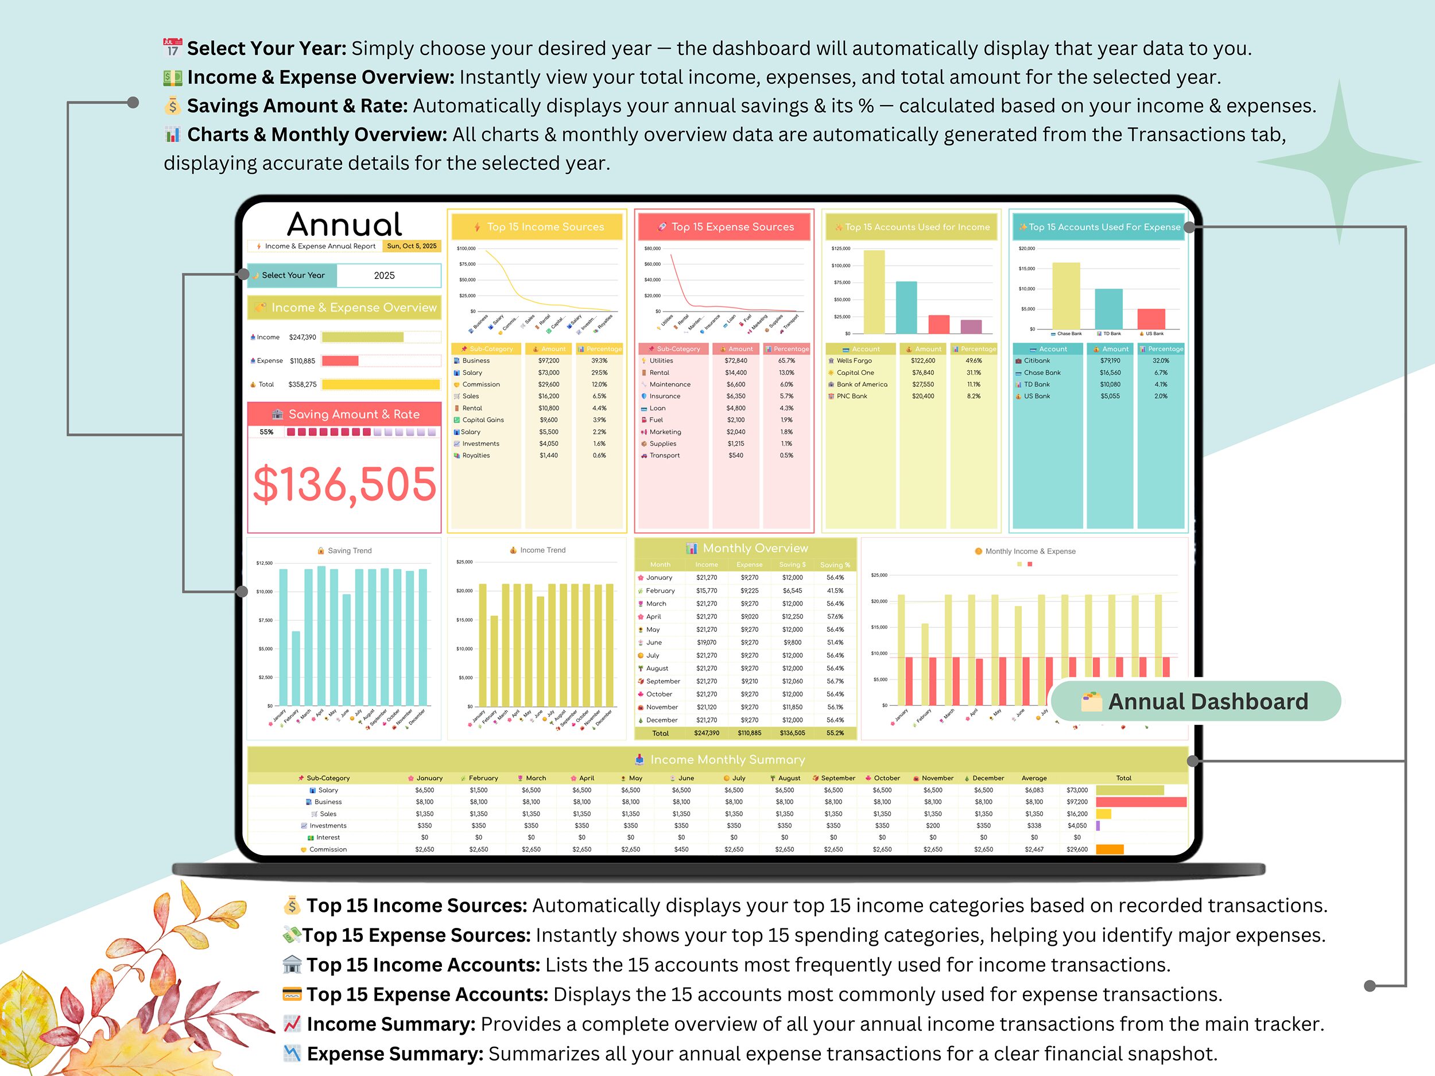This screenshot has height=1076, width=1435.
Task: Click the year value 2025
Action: pos(384,275)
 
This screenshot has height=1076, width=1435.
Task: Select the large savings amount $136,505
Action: pos(344,484)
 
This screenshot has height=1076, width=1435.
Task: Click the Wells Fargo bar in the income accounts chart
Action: pos(874,292)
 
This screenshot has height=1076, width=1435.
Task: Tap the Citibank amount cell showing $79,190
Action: pos(1110,360)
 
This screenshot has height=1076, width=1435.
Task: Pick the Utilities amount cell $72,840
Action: pos(736,360)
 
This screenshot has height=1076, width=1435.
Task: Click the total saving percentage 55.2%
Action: pos(835,733)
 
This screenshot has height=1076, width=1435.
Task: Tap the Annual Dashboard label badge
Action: pos(1195,701)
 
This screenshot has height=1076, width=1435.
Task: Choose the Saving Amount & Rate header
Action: pos(354,414)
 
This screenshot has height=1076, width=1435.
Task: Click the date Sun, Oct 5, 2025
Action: pos(412,246)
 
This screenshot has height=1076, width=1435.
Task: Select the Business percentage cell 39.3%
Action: pos(599,360)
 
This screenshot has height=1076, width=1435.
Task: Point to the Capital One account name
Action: pos(855,373)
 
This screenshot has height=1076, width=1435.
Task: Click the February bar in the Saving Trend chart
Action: pos(296,668)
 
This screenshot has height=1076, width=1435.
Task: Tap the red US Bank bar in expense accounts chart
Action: pos(1151,318)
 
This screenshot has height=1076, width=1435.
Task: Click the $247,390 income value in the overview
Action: pos(302,337)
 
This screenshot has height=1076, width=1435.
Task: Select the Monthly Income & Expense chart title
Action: pos(1030,551)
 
